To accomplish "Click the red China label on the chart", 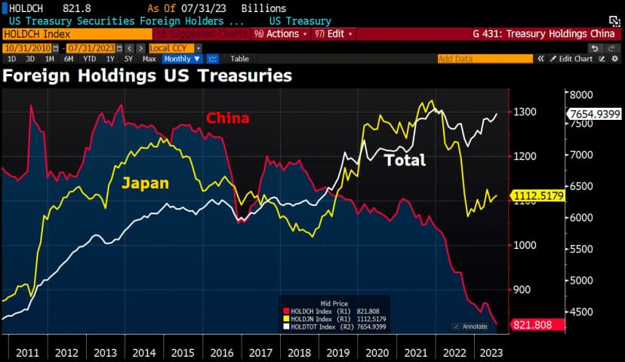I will [227, 118].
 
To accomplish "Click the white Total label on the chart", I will [405, 160].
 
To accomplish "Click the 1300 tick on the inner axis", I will [526, 112].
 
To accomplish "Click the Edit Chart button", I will [571, 59].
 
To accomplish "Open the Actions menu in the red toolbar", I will [281, 34].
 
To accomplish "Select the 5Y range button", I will [128, 59].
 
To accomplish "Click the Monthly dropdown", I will [182, 59].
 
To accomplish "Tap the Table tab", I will [239, 59].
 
